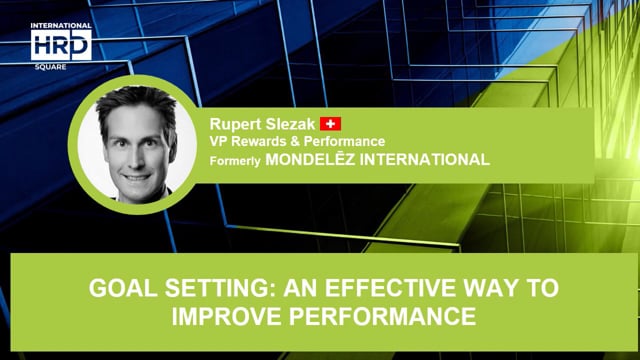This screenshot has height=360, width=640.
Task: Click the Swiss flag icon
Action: pyautogui.click(x=331, y=124)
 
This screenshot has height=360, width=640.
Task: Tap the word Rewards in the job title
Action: pyautogui.click(x=258, y=141)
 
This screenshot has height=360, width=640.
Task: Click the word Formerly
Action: pyautogui.click(x=233, y=159)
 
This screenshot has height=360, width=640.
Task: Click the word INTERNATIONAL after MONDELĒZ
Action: pyautogui.click(x=426, y=159)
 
